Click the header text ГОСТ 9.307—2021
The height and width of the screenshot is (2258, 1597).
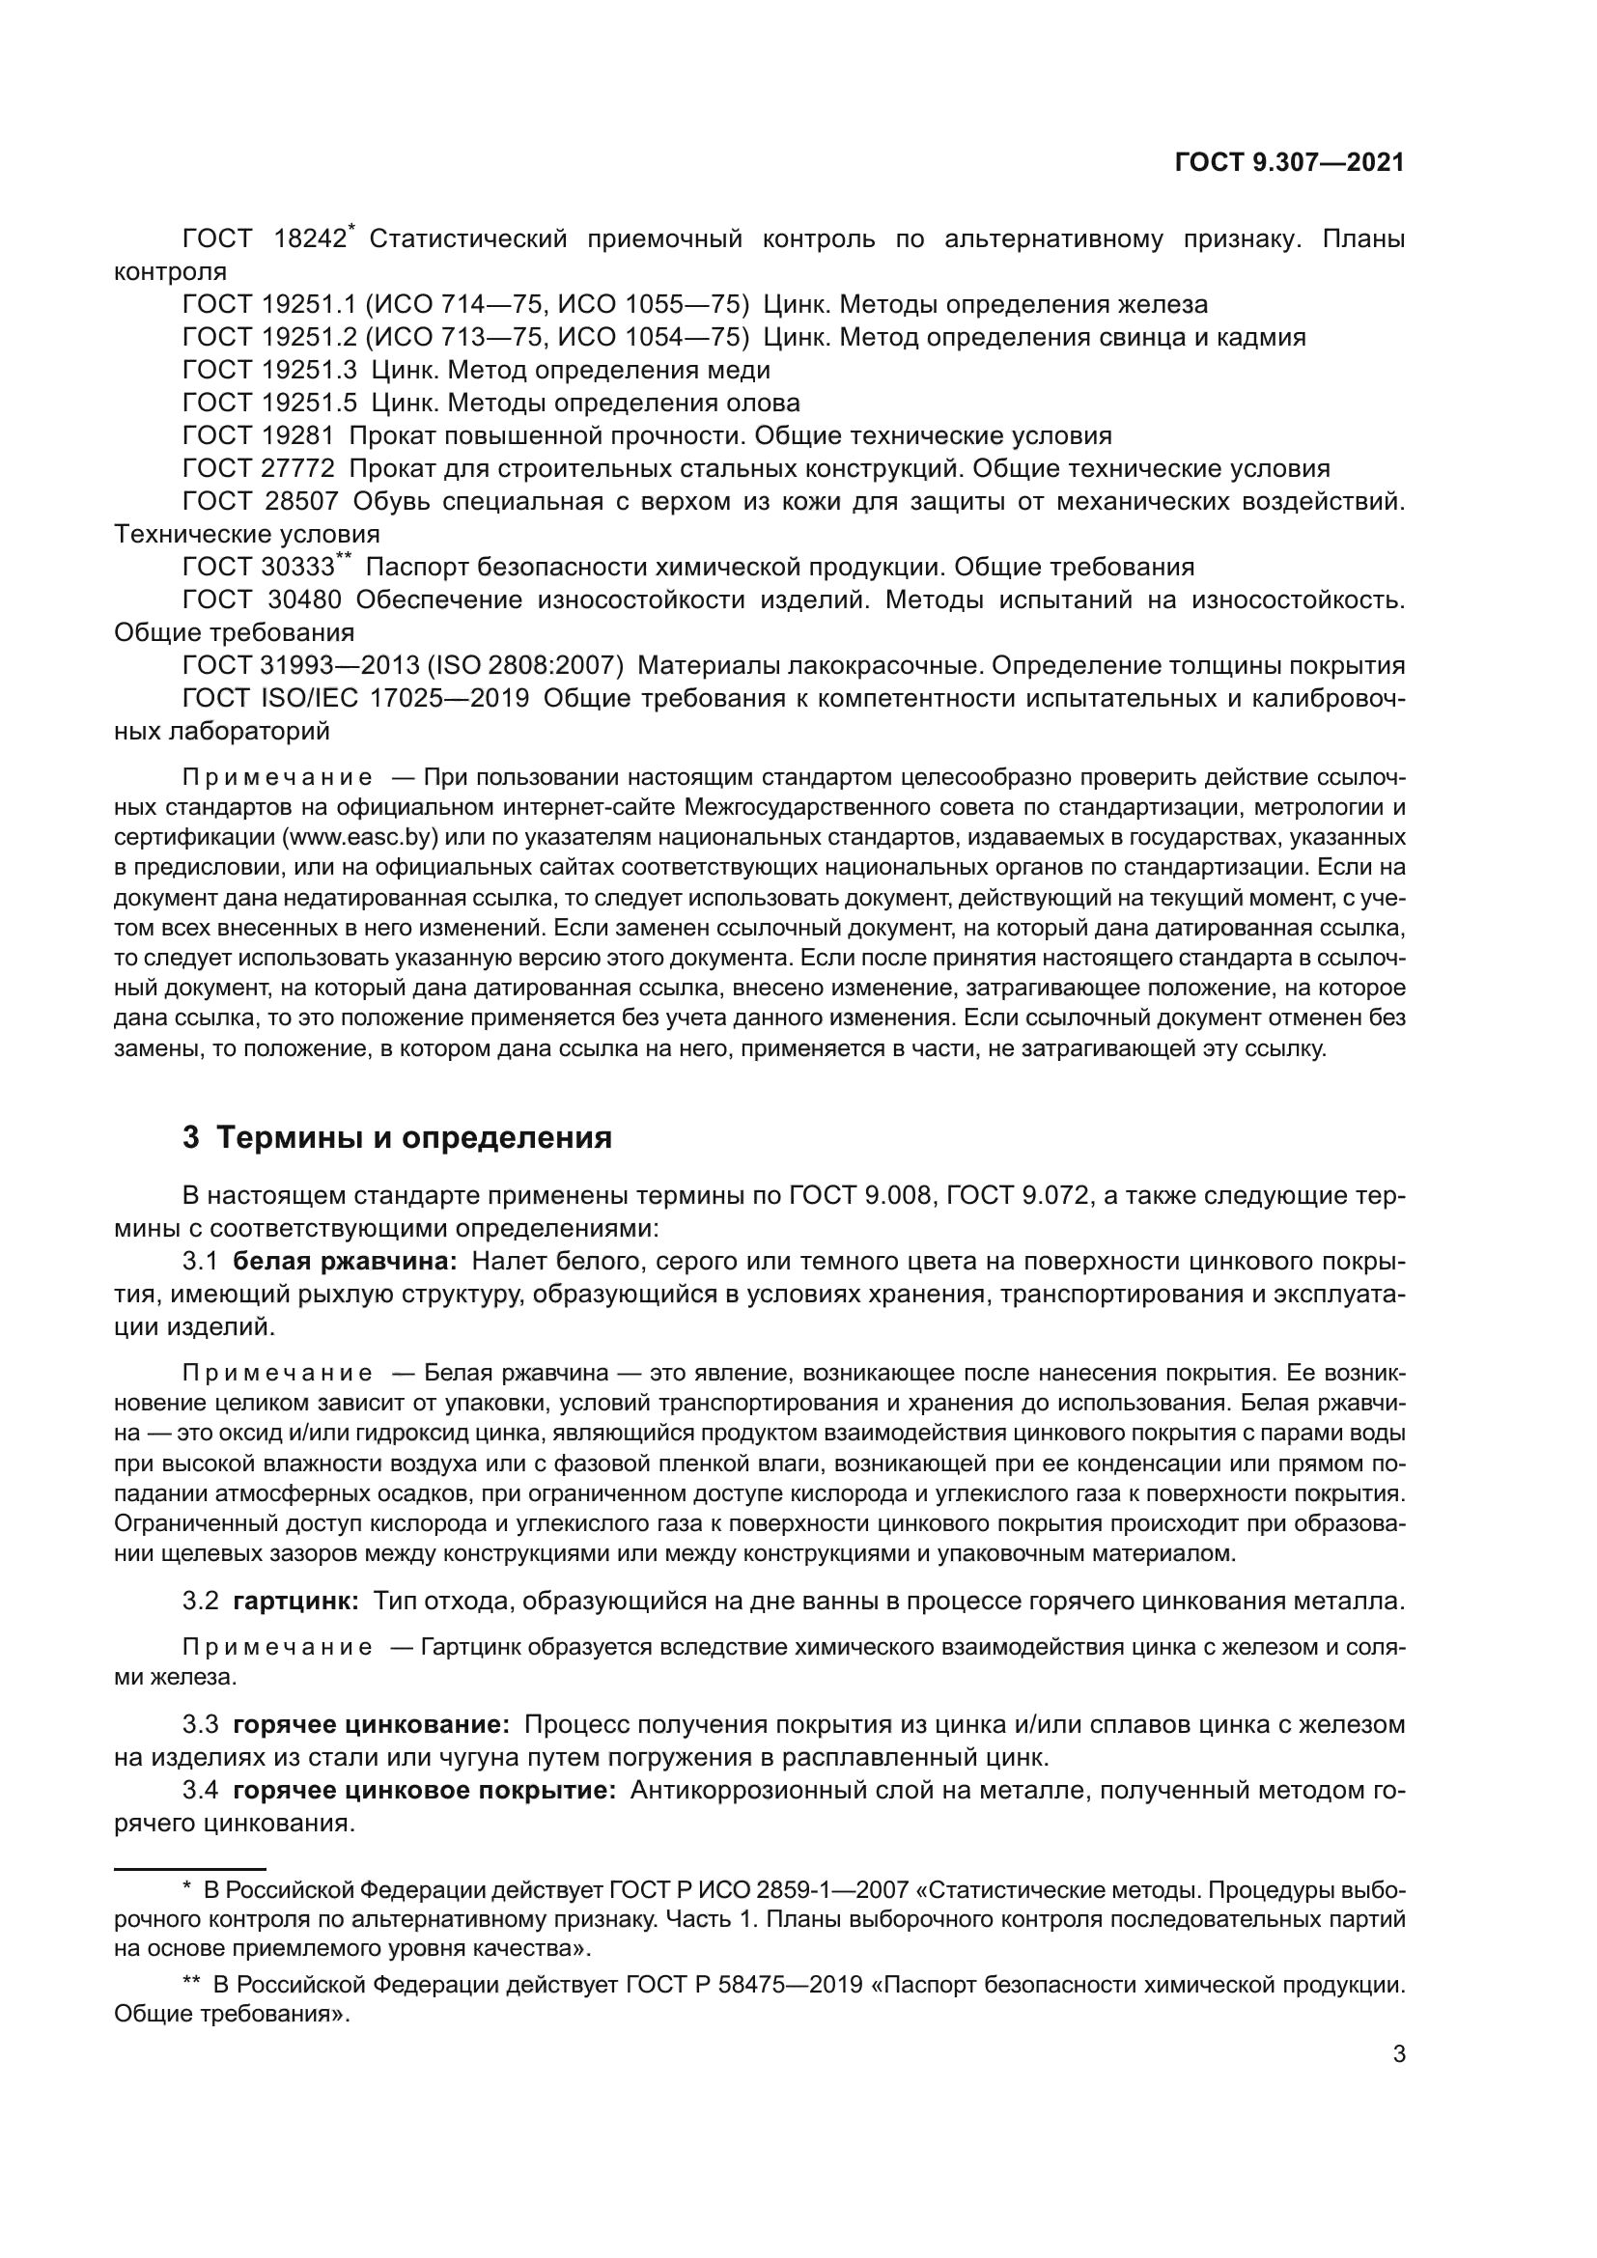(x=1289, y=163)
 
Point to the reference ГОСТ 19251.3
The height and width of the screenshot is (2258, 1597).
(x=268, y=371)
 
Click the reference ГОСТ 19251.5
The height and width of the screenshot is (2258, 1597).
(x=268, y=404)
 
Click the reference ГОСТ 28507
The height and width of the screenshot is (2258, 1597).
(x=260, y=502)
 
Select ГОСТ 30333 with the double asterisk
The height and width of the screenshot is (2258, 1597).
(x=264, y=568)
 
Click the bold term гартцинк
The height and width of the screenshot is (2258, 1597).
(x=295, y=1601)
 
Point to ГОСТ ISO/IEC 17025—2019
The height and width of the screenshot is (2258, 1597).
(x=356, y=699)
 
